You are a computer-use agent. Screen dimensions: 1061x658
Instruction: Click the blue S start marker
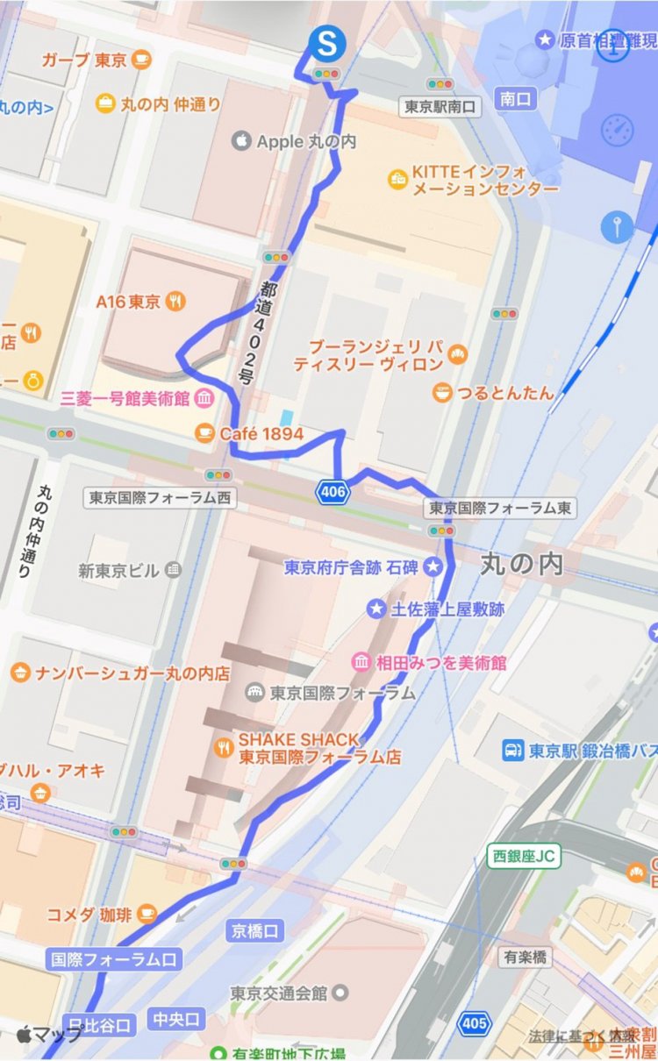pos(326,42)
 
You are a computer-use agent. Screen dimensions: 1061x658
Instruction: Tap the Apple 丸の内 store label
pos(295,141)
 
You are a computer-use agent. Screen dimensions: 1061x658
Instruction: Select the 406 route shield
pos(333,492)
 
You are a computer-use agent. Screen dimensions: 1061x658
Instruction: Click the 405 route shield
pos(475,1022)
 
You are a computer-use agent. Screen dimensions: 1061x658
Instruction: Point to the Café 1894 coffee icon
pos(205,432)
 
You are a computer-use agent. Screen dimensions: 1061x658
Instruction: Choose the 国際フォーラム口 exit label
pos(114,959)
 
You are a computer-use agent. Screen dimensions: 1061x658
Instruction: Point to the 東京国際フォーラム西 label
pos(161,498)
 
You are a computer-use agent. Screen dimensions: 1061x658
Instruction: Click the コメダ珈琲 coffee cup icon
pos(147,914)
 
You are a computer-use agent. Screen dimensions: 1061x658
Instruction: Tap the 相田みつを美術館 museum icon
pos(361,662)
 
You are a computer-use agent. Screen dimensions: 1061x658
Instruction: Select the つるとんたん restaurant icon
pos(443,393)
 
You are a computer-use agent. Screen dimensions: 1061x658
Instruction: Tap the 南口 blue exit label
pos(516,99)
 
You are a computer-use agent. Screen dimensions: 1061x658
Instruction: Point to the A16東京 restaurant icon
pos(176,302)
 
